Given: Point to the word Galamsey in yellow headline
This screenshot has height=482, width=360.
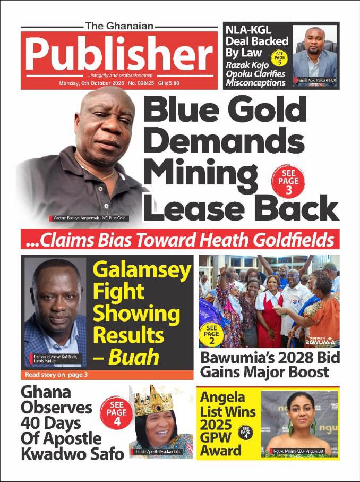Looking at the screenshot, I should (141, 272).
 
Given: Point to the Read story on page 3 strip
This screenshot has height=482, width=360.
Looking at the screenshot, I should (56, 375).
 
